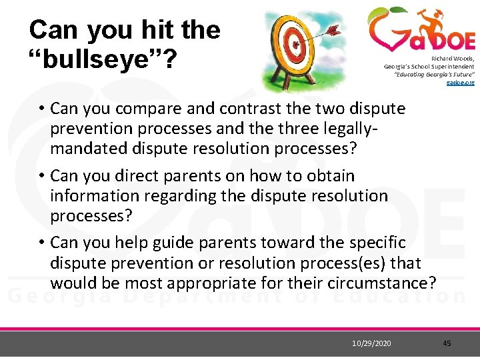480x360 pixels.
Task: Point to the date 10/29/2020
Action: [372, 343]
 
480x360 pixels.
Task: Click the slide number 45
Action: [447, 343]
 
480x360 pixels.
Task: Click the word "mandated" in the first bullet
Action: [89, 148]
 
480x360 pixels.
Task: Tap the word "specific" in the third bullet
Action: [377, 243]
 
